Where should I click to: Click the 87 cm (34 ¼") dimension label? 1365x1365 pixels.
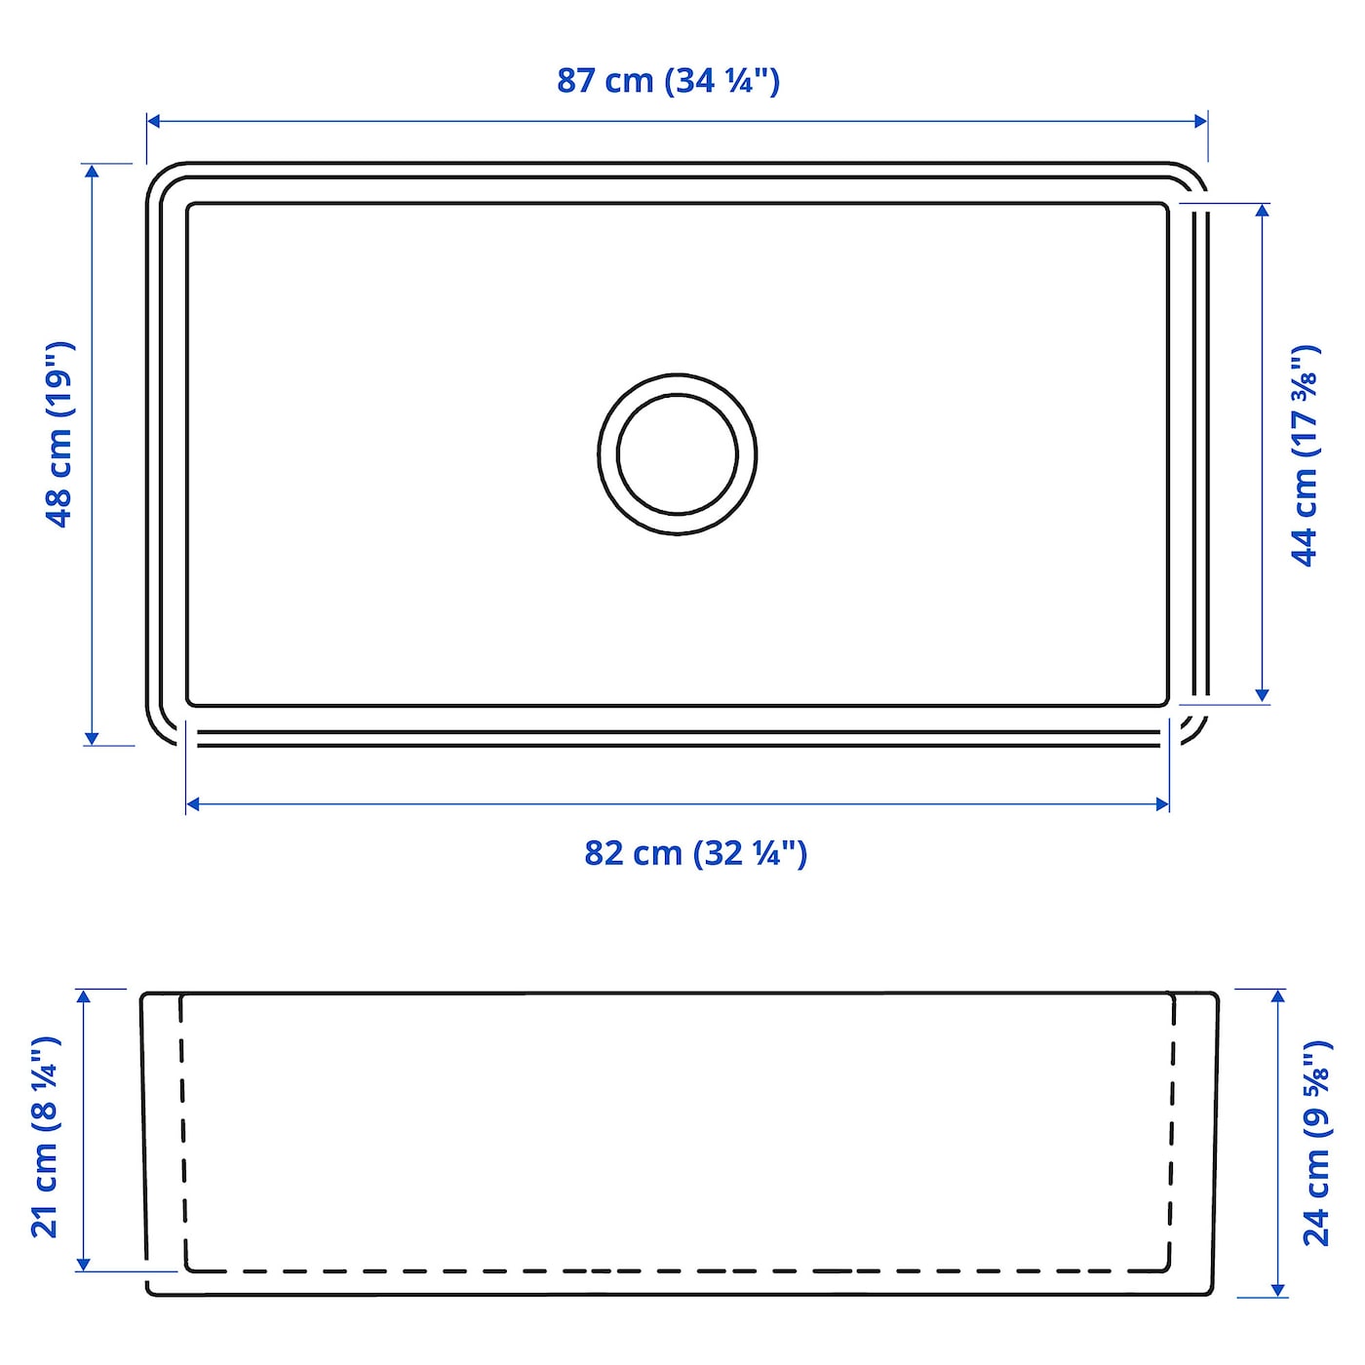click(668, 81)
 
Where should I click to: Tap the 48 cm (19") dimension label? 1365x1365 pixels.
click(59, 435)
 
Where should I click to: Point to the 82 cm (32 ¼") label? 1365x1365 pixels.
click(695, 853)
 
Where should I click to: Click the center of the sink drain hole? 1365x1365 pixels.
click(678, 454)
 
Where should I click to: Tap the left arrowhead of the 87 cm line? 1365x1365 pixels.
click(154, 121)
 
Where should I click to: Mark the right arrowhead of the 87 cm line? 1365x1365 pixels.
click(1200, 121)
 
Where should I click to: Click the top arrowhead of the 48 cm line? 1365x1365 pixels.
click(92, 172)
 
